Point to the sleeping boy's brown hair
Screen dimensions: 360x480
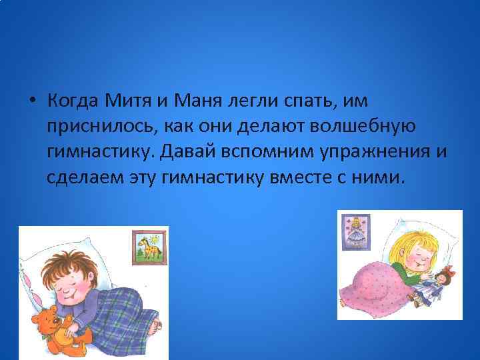pyautogui.click(x=63, y=264)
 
